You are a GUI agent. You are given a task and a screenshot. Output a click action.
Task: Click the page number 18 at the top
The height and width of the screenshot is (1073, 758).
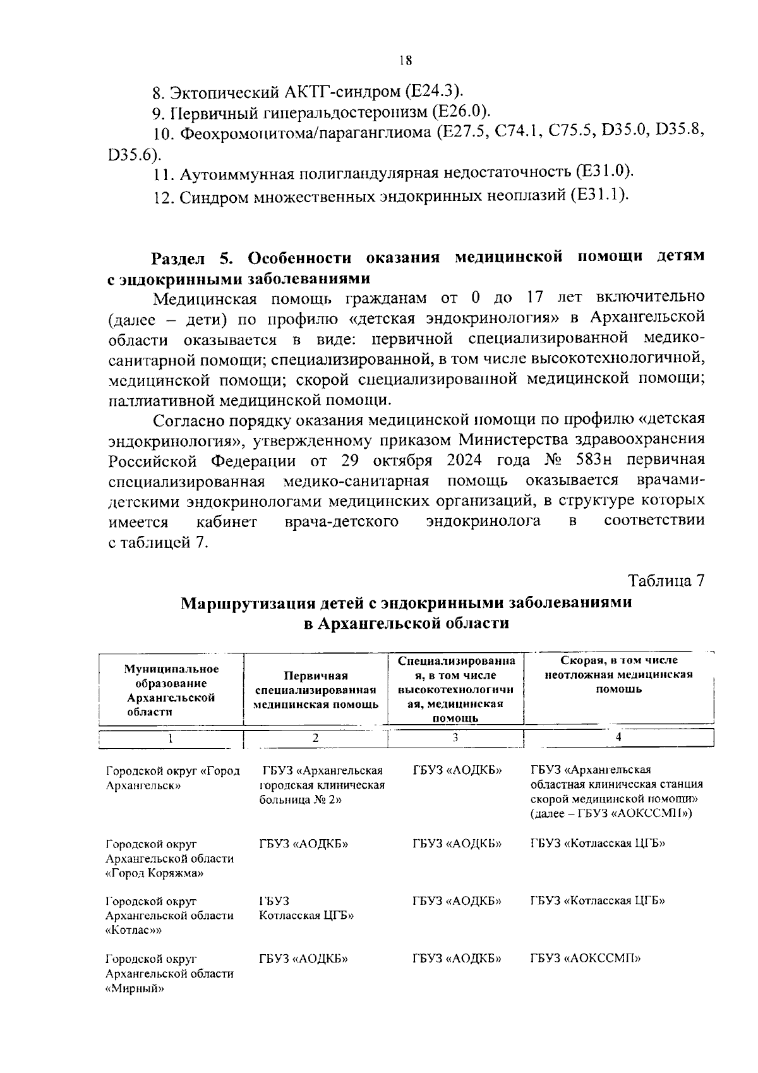pos(405,61)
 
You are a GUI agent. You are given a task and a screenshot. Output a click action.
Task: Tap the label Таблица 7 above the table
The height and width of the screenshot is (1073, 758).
pos(665,581)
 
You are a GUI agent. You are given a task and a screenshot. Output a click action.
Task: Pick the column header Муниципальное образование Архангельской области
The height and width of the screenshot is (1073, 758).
pos(171,690)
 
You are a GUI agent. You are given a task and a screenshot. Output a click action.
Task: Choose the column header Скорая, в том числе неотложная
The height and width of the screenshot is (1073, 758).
pos(618,674)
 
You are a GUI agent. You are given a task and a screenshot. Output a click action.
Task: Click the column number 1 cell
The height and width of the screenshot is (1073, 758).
pos(171,737)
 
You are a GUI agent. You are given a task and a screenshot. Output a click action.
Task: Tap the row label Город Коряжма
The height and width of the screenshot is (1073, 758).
pos(154,873)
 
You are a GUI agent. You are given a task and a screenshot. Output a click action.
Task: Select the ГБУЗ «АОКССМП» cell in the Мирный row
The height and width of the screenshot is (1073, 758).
pos(585,959)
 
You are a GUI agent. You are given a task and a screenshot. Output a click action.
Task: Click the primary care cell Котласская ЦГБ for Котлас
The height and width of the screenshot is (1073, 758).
pos(306,916)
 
